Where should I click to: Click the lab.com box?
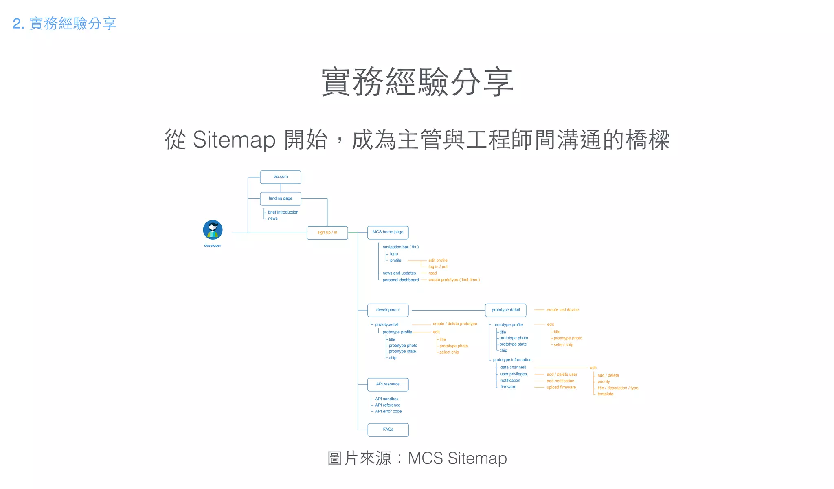click(x=281, y=177)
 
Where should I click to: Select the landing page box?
click(x=281, y=198)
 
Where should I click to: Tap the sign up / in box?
click(x=327, y=233)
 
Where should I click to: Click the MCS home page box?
click(x=388, y=232)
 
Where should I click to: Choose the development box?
click(x=388, y=310)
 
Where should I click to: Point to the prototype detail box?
click(x=505, y=310)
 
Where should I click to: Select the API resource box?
click(x=388, y=384)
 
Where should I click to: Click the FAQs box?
click(x=388, y=430)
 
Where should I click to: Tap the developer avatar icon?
click(x=213, y=230)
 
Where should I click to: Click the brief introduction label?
click(x=283, y=212)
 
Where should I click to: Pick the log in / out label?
click(x=438, y=267)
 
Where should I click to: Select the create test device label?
click(x=562, y=310)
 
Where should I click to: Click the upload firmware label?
click(x=561, y=388)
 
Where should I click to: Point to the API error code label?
click(x=388, y=412)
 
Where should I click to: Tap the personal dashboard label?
click(x=400, y=280)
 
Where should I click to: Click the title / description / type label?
click(x=618, y=388)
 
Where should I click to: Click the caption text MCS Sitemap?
click(x=457, y=458)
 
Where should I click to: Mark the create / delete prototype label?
click(x=455, y=324)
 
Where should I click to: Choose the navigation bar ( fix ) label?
click(x=400, y=247)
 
